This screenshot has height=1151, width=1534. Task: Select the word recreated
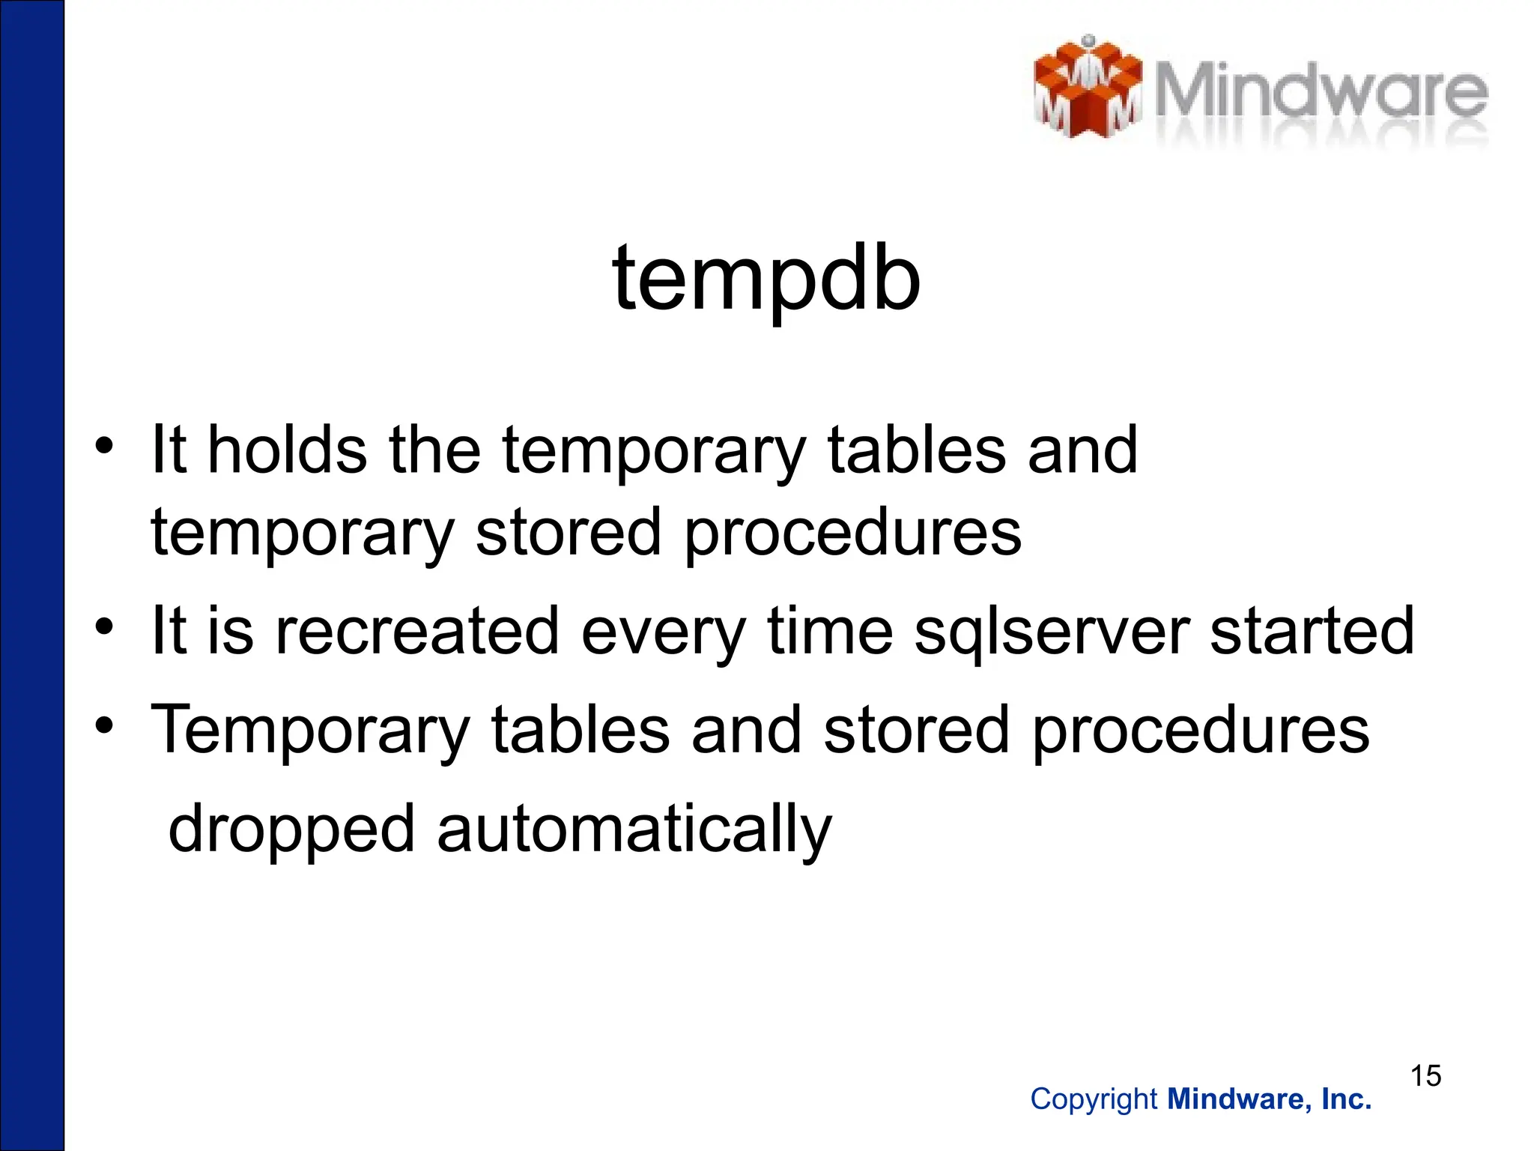click(418, 631)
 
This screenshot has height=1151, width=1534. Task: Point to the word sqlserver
click(1052, 631)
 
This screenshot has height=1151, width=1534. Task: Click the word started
click(1312, 631)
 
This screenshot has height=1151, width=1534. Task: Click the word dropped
click(291, 829)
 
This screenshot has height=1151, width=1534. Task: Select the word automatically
click(634, 829)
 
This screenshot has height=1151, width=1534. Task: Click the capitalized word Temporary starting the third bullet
click(311, 730)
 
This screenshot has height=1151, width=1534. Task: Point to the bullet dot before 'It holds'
click(104, 446)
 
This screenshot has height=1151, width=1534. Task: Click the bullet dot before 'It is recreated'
click(104, 626)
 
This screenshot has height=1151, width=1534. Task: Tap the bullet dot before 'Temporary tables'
click(104, 725)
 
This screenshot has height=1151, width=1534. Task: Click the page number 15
click(1425, 1076)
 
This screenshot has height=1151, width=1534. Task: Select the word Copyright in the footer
click(1094, 1099)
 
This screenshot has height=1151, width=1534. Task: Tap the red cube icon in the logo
click(1088, 88)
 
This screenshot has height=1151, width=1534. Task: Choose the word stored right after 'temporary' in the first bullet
click(569, 532)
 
